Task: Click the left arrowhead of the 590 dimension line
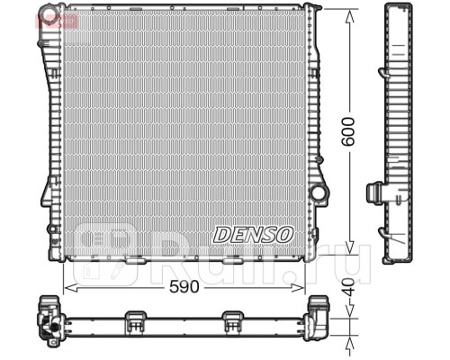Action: coord(66,289)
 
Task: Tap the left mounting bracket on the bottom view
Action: coord(135,318)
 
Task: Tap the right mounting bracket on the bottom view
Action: coord(233,318)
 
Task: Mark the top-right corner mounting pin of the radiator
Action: coord(311,8)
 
